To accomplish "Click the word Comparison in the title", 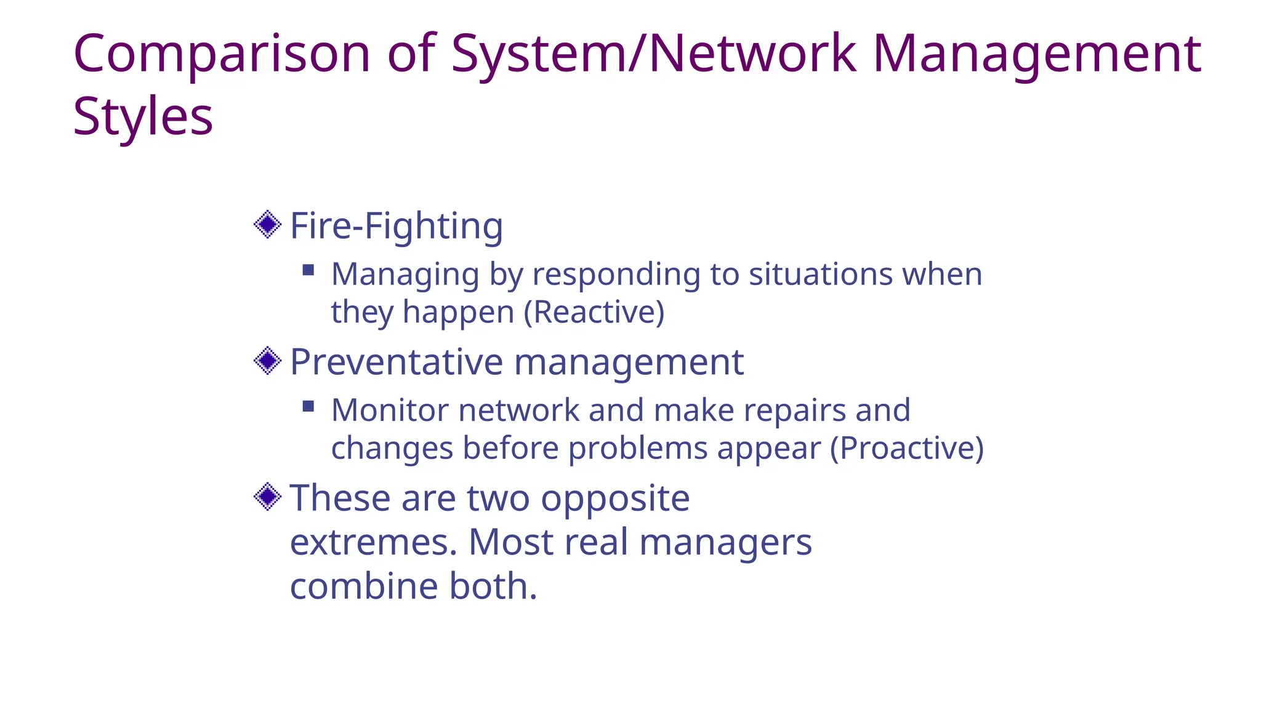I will [x=222, y=54].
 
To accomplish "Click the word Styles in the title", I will [x=143, y=117].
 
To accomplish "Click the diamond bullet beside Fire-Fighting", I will [x=267, y=225].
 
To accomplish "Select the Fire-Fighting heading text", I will [x=397, y=226].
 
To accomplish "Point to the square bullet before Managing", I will [x=308, y=270].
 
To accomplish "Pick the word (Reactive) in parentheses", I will [x=594, y=312].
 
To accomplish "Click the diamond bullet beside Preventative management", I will [x=267, y=361].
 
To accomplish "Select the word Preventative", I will [x=397, y=362].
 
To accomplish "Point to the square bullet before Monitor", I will [x=308, y=406].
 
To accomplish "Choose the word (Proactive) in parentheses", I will [x=906, y=448].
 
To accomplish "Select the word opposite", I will [x=614, y=499].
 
